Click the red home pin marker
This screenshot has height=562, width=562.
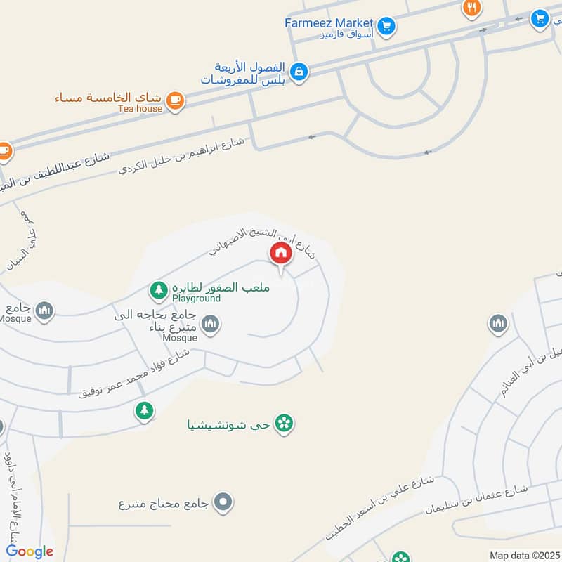280,254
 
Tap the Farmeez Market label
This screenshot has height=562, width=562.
329,22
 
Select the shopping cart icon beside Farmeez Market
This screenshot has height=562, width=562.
386,27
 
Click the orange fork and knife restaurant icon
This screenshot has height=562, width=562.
471,8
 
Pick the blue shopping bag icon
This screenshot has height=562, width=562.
299,72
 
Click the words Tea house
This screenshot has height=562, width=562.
140,108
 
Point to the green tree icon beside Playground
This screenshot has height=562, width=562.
158,289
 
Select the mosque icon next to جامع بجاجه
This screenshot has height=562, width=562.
210,324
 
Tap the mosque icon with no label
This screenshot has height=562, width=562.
497,323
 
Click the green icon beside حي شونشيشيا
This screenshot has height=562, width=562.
284,424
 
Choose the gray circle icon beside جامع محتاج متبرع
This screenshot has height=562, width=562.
224,502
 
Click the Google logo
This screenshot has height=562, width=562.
30,551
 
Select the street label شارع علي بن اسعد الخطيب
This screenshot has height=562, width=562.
380,507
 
